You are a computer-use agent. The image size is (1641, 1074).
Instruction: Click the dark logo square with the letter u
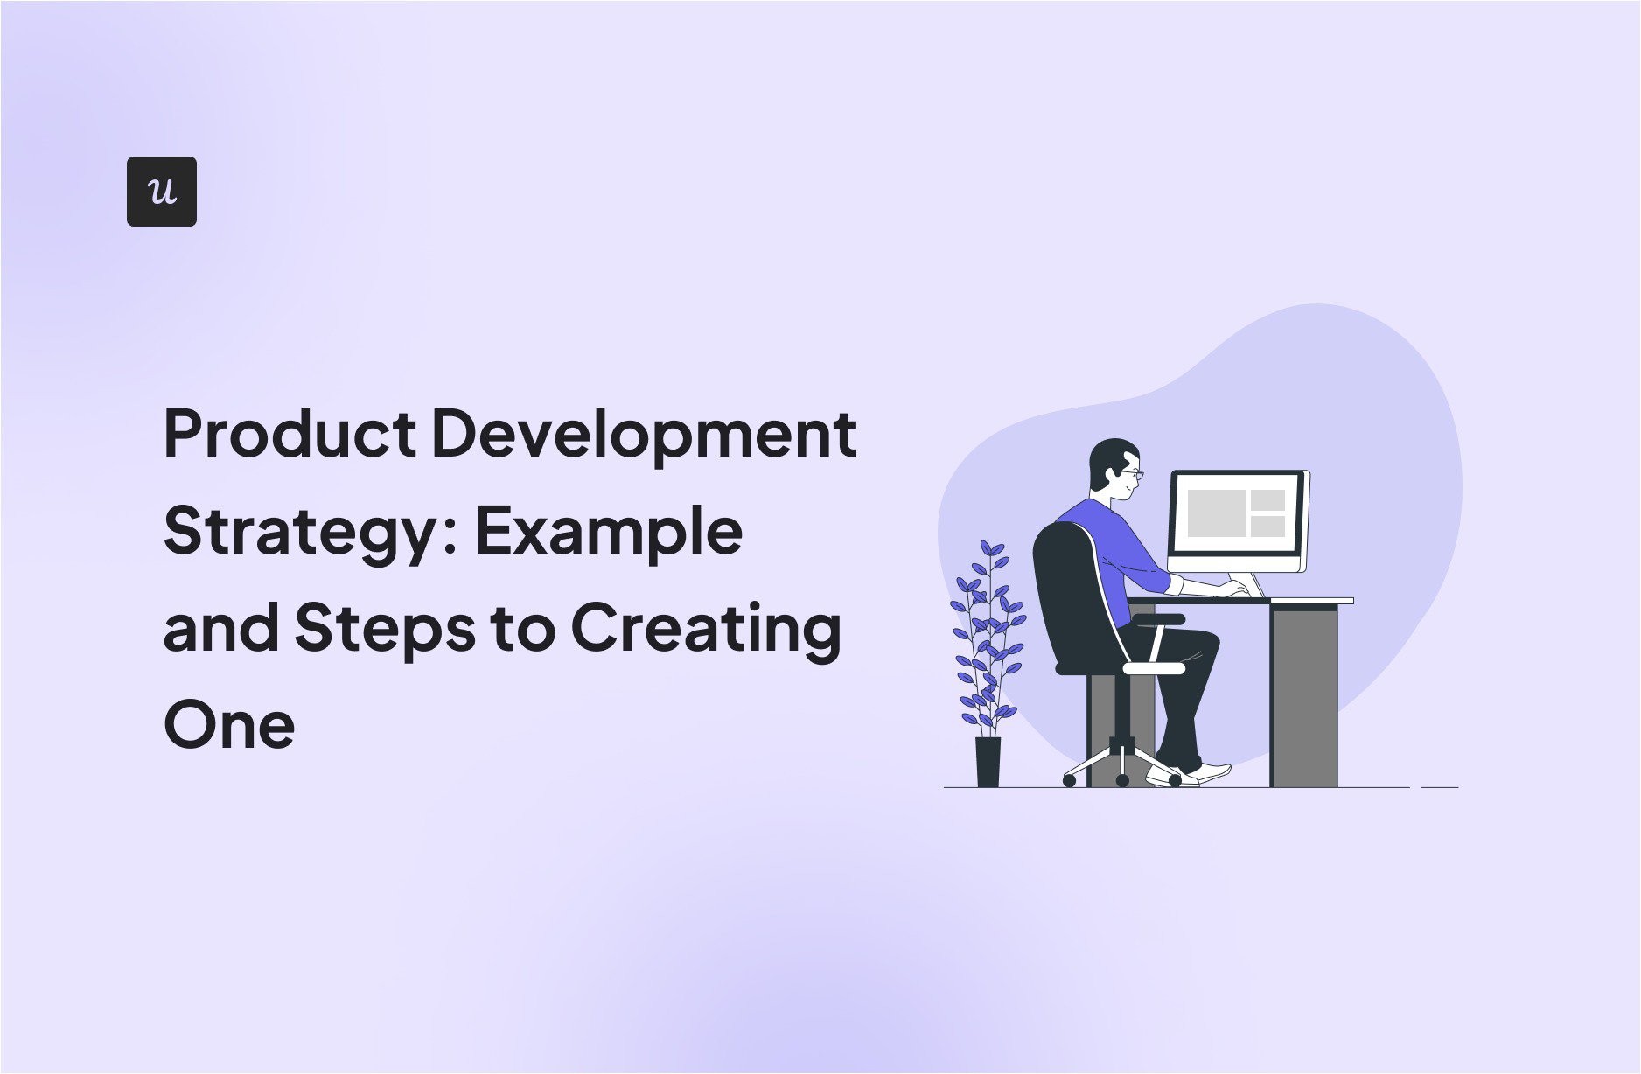click(x=162, y=192)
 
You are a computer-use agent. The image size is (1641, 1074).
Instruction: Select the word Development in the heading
click(x=644, y=436)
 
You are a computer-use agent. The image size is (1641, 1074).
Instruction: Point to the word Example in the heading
click(x=609, y=531)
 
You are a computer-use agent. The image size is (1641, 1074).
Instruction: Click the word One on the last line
click(x=229, y=725)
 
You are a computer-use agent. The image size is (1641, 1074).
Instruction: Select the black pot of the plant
click(x=988, y=762)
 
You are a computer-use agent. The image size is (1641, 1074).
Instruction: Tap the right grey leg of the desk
click(x=1303, y=696)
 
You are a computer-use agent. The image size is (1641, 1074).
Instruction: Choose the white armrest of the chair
click(x=1153, y=667)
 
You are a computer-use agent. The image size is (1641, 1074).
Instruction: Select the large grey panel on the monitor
click(x=1215, y=513)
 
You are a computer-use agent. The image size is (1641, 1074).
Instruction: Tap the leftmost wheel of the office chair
click(x=1069, y=780)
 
